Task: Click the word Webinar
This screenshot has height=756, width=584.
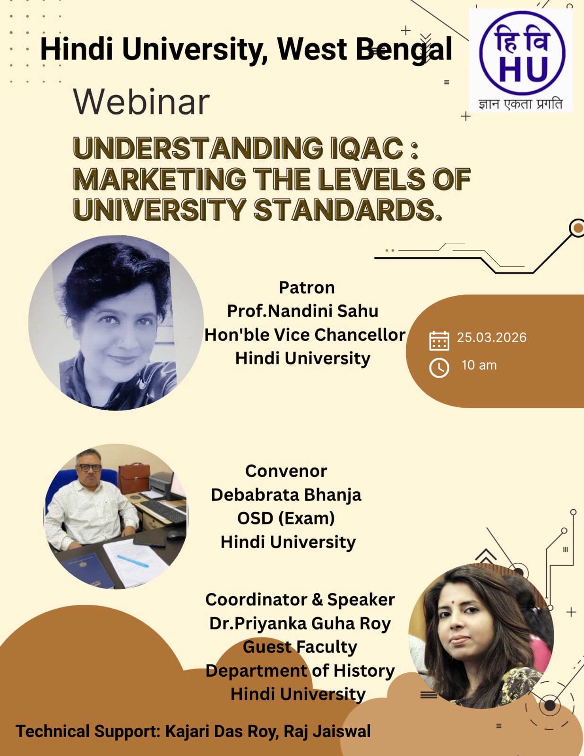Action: click(x=141, y=102)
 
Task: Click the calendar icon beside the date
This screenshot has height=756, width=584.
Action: click(x=439, y=340)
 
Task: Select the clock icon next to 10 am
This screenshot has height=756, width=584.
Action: click(x=439, y=368)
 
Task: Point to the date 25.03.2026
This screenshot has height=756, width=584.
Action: click(x=491, y=337)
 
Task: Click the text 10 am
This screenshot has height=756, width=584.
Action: click(x=479, y=365)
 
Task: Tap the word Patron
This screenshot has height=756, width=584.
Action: click(x=307, y=288)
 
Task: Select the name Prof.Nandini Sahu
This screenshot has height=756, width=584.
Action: click(x=302, y=311)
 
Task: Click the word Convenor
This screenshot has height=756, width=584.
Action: click(x=286, y=471)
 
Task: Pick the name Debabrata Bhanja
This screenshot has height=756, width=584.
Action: click(x=286, y=495)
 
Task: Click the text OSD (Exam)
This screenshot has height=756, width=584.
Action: click(x=286, y=518)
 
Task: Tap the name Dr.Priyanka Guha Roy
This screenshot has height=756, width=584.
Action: click(x=300, y=623)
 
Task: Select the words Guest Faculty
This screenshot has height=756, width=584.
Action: click(x=300, y=647)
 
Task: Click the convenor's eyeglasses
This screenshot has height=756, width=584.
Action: click(x=89, y=468)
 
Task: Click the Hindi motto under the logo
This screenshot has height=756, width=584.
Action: click(x=520, y=104)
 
